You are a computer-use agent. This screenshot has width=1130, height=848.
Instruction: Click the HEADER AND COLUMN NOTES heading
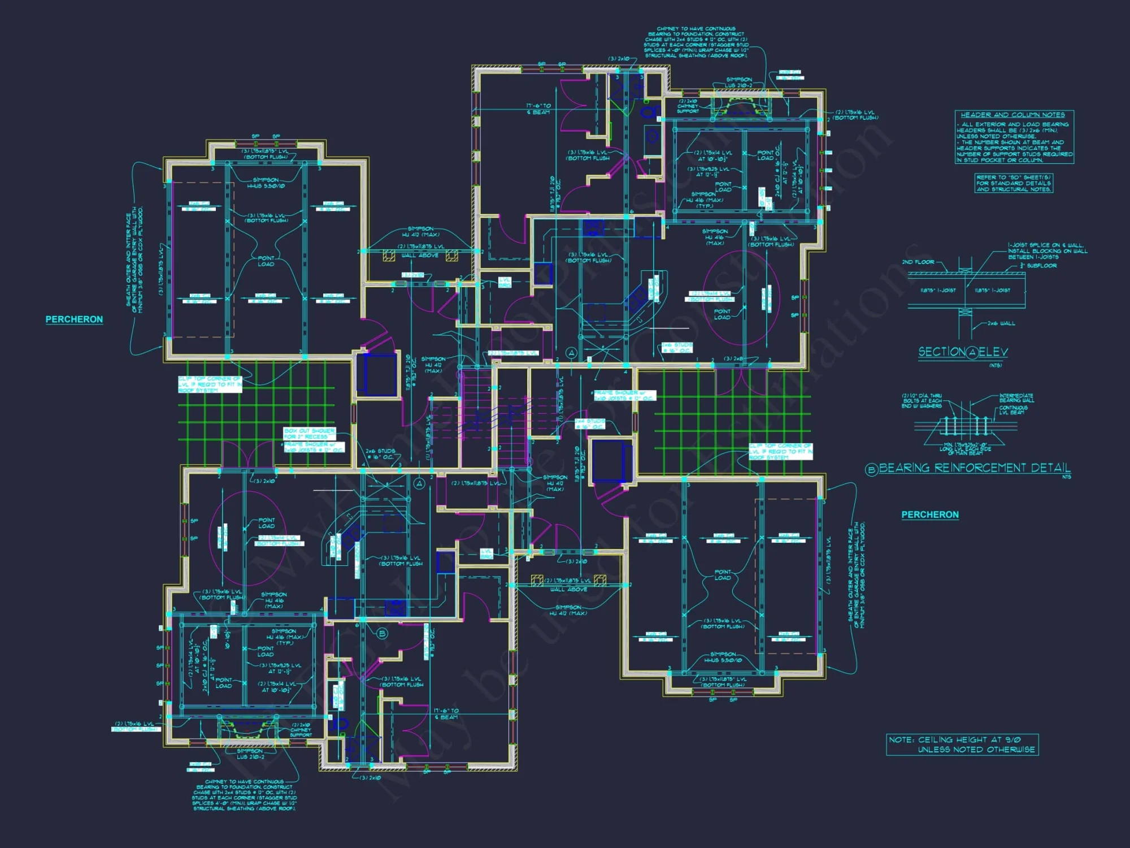click(1012, 115)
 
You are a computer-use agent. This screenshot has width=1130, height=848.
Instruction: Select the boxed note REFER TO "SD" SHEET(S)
click(1014, 183)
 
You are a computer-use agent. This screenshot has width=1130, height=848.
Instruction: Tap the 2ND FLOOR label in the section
click(918, 262)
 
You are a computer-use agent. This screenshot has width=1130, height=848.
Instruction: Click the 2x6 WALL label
click(1001, 323)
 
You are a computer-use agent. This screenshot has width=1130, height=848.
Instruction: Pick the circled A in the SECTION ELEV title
click(972, 353)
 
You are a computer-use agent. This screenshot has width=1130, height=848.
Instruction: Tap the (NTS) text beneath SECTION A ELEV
click(995, 366)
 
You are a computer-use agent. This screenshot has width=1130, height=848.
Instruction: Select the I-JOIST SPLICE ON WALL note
click(1048, 251)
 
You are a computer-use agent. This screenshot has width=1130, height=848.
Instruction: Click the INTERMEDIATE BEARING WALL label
click(1016, 398)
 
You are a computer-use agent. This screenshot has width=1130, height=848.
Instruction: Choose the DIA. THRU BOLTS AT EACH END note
click(922, 401)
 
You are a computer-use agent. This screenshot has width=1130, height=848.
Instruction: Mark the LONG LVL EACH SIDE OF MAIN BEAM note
click(966, 449)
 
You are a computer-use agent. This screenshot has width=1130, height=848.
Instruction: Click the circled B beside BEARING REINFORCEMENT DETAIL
click(871, 469)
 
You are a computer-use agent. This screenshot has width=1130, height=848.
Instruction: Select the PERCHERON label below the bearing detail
click(930, 514)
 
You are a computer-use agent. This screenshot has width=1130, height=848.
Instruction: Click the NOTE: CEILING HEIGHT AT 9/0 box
click(962, 745)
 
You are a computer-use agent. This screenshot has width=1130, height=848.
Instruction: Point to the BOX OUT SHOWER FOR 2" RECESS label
click(309, 434)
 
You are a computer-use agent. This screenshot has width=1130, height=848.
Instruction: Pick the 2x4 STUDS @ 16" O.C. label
click(589, 424)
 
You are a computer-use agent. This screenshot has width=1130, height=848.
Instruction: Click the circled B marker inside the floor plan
click(382, 633)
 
